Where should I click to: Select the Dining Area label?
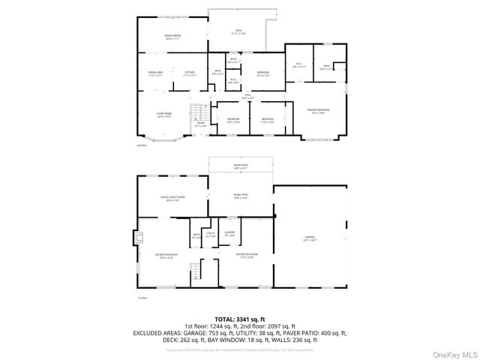(155, 73)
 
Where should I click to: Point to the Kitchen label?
(190, 73)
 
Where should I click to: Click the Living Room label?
(164, 115)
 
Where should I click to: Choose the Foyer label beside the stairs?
(200, 124)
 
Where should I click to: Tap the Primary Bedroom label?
(319, 111)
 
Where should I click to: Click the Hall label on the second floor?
(247, 96)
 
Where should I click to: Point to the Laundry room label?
(229, 234)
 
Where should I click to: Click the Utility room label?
(211, 235)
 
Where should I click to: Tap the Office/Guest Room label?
(172, 198)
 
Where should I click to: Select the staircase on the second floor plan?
(197, 112)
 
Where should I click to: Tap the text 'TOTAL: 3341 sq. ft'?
(240, 319)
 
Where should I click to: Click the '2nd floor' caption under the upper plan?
(141, 145)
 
